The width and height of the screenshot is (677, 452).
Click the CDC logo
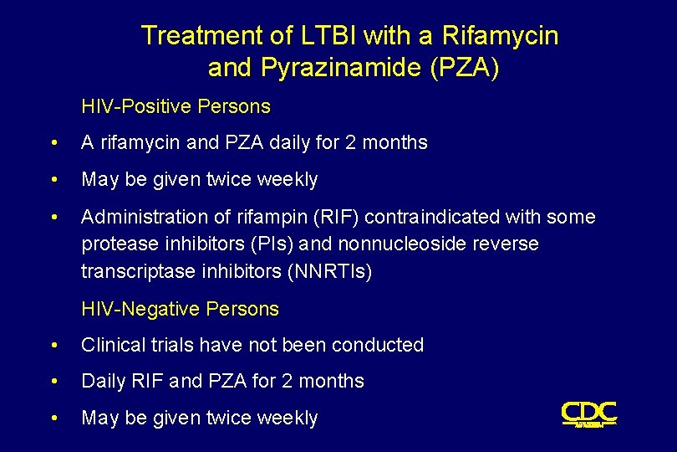[588, 413]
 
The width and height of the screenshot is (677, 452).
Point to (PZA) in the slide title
[464, 68]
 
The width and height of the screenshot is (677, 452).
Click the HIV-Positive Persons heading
[176, 106]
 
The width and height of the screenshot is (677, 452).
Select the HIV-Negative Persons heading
[180, 309]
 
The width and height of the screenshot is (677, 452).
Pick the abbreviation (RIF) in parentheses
[340, 217]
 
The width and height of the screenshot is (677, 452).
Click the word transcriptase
[134, 272]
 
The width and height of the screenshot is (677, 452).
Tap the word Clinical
[113, 345]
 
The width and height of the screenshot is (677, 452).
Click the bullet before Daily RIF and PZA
[54, 382]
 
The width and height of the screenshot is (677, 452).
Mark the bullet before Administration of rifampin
[54, 218]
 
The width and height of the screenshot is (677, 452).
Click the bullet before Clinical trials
[54, 346]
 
